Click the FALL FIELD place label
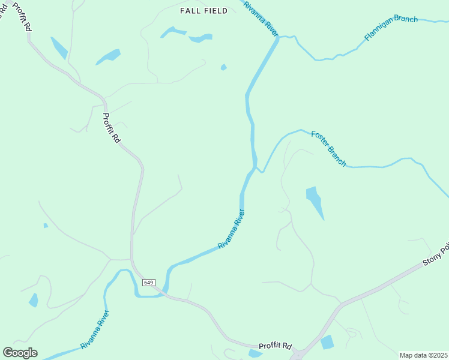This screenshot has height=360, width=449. (x=204, y=11)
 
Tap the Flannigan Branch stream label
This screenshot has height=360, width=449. (x=391, y=28)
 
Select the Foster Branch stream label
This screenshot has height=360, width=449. (x=328, y=148)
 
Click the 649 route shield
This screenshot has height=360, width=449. (x=149, y=282)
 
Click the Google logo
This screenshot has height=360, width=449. (x=20, y=352)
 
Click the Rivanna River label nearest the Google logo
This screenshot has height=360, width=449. (x=95, y=329)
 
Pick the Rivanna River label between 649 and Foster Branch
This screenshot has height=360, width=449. (x=232, y=229)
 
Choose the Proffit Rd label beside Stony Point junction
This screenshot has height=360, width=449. (x=275, y=346)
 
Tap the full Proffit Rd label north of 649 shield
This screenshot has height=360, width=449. (x=112, y=128)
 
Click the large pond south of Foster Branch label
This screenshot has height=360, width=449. (x=315, y=200)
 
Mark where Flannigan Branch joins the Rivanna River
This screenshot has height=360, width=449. (x=279, y=37)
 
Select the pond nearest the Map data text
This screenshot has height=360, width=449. (x=327, y=343)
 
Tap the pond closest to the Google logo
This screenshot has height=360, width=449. (x=34, y=300)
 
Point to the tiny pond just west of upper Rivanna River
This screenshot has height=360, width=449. (x=224, y=67)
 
